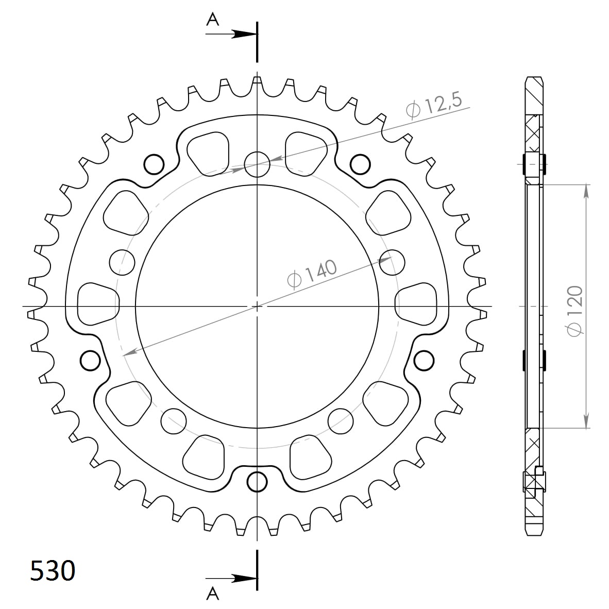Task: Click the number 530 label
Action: [53, 571]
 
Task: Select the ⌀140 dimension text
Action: [312, 274]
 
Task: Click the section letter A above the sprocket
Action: [212, 20]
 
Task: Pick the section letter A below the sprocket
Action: [212, 594]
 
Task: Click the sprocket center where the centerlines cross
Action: [257, 306]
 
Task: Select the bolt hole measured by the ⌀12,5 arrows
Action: [257, 164]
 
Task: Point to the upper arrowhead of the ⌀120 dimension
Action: [586, 191]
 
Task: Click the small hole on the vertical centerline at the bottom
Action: [257, 482]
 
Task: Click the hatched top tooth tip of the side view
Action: [534, 88]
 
